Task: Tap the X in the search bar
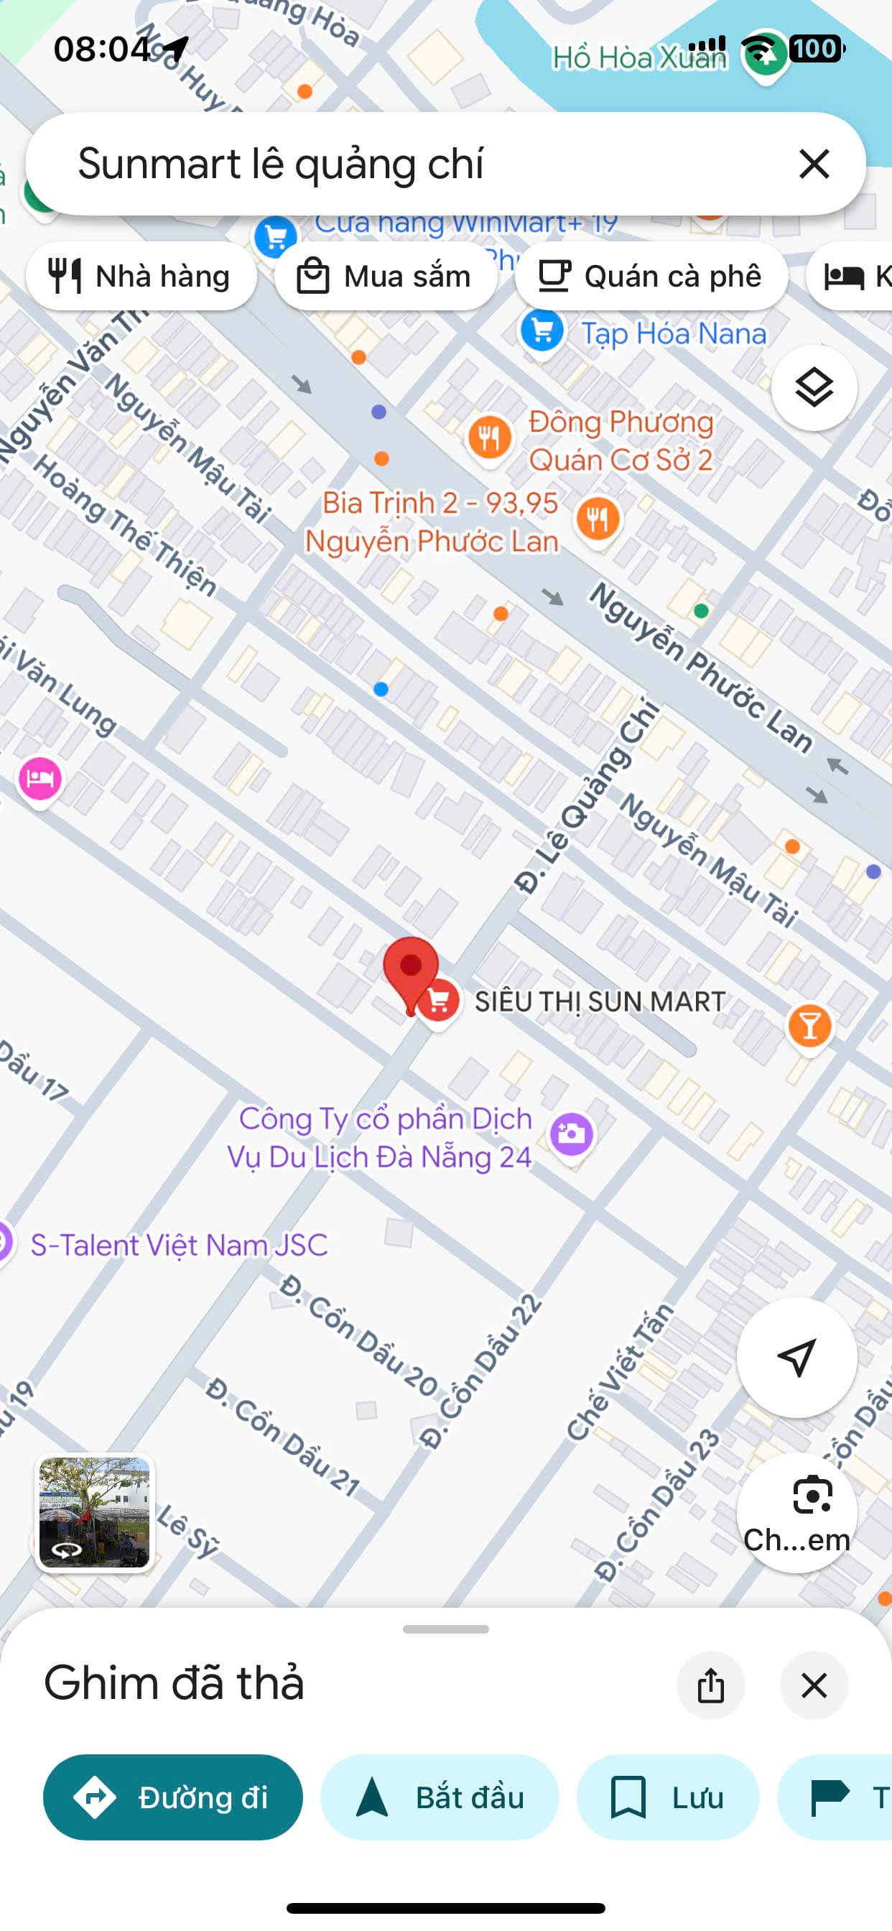[x=814, y=163]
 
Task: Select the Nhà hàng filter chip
[x=141, y=276]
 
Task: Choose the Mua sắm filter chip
[x=385, y=276]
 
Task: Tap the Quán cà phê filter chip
[x=651, y=276]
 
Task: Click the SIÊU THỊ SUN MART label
[x=600, y=1001]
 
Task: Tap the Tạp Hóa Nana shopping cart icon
[x=542, y=331]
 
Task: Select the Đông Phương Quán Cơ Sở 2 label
[x=621, y=441]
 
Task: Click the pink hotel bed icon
[x=40, y=778]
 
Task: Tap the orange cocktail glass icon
[x=809, y=1025]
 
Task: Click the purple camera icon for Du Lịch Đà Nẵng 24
[x=571, y=1133]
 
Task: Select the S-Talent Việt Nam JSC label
[x=178, y=1245]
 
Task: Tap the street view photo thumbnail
[x=95, y=1513]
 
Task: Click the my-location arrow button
[x=796, y=1358]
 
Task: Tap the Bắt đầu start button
[x=440, y=1797]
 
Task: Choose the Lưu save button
[x=667, y=1797]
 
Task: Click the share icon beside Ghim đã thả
[x=710, y=1686]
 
